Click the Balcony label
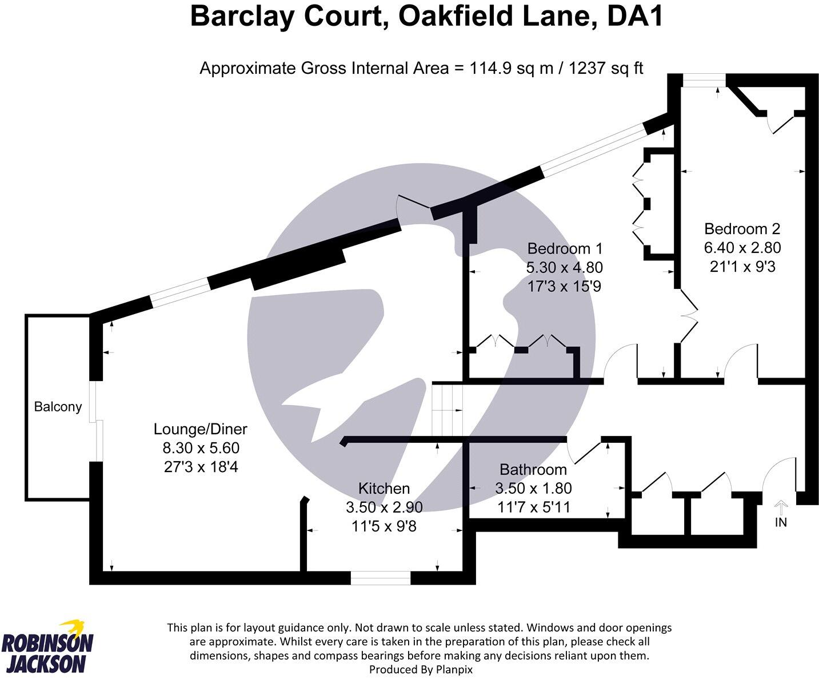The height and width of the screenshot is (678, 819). pos(58,407)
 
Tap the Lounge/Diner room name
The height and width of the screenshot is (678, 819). pos(200,429)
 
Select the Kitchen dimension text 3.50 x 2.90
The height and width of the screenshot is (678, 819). pos(384,507)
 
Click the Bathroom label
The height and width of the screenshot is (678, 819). pos(533,470)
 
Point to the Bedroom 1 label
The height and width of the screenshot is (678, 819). pos(565,249)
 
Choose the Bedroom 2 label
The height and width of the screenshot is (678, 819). pos(742,229)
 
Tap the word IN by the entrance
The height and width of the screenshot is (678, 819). pos(781,522)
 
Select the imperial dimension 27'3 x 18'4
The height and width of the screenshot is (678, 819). pos(200,467)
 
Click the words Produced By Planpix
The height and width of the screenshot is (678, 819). pos(421,669)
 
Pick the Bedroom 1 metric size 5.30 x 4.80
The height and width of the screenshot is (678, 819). pos(565,268)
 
